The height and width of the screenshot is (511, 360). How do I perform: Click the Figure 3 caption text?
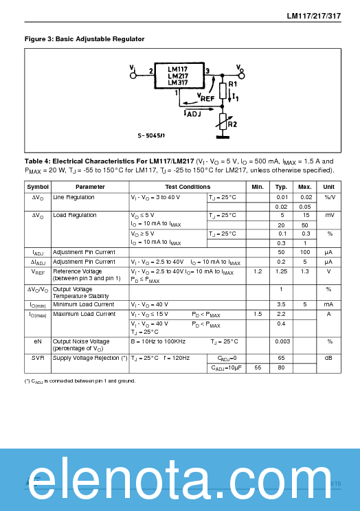pyautogui.click(x=85, y=39)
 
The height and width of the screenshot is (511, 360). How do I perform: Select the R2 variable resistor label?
pyautogui.click(x=232, y=124)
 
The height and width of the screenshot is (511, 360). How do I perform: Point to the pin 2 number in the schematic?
pyautogui.click(x=150, y=70)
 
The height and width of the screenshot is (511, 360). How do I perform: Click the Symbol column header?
pyautogui.click(x=38, y=187)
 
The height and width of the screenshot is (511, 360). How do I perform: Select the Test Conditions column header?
pyautogui.click(x=188, y=187)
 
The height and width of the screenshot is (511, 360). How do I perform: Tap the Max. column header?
pyautogui.click(x=304, y=187)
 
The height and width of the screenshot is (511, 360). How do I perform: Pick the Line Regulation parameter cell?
pyautogui.click(x=74, y=197)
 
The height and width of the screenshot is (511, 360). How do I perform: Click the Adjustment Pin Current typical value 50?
pyautogui.click(x=281, y=253)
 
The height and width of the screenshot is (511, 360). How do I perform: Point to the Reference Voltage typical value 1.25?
pyautogui.click(x=281, y=271)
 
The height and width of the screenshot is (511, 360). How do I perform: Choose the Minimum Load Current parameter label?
pyautogui.click(x=84, y=304)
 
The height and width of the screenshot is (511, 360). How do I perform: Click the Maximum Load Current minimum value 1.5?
pyautogui.click(x=258, y=314)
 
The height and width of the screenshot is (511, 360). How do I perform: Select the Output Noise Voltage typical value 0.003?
pyautogui.click(x=281, y=341)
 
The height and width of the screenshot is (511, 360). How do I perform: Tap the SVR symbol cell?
pyautogui.click(x=38, y=358)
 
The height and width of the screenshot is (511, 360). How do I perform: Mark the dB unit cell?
pyautogui.click(x=329, y=358)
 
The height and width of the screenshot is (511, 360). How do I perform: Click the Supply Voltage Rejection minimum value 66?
pyautogui.click(x=258, y=368)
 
